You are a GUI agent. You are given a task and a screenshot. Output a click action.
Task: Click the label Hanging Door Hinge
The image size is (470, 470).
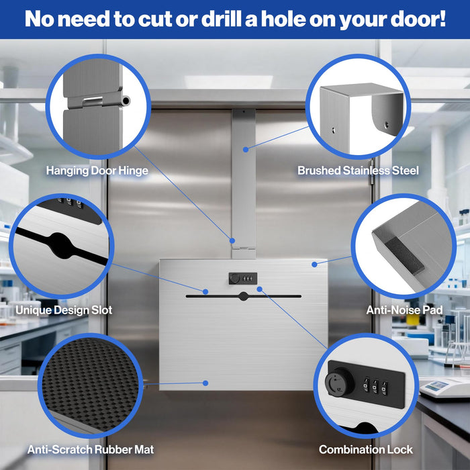[x=97, y=171]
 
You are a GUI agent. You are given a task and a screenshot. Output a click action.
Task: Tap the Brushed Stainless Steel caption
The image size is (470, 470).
[x=358, y=171]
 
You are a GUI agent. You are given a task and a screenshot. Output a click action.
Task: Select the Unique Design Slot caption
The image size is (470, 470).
[x=64, y=310]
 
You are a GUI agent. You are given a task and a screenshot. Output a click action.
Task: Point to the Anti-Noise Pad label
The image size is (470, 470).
[x=404, y=310]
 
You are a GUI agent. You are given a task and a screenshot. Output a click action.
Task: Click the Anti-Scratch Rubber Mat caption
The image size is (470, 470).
[x=91, y=450]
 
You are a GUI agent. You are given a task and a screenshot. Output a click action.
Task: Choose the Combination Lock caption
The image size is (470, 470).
[x=366, y=450]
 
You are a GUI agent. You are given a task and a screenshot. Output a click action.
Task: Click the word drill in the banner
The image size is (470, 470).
[x=222, y=19]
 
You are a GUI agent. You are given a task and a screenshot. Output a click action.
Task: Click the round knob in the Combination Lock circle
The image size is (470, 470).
[x=339, y=382]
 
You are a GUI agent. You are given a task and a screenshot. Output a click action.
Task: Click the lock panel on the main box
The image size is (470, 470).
[x=243, y=279]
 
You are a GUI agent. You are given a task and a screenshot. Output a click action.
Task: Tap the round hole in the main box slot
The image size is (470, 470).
[x=243, y=296]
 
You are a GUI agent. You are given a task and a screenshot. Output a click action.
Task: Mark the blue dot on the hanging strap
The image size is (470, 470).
[x=246, y=149]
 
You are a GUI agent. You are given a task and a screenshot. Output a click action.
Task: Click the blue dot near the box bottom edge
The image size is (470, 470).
[x=205, y=383]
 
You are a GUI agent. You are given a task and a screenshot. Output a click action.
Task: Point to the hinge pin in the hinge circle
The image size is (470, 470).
[x=126, y=101]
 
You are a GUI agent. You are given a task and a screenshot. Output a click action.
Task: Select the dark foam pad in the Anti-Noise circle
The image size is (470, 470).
[x=405, y=256]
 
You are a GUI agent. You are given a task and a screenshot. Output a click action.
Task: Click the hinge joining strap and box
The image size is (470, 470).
[x=244, y=248]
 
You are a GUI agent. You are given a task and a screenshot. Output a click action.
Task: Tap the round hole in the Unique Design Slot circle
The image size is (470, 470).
[x=62, y=246]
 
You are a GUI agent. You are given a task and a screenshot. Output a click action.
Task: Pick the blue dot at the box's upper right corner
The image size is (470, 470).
[x=314, y=265]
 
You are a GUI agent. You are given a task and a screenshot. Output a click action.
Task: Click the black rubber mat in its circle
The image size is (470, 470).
[x=91, y=384]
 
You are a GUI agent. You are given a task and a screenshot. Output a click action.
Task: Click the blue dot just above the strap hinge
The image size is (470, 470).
[x=232, y=240]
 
